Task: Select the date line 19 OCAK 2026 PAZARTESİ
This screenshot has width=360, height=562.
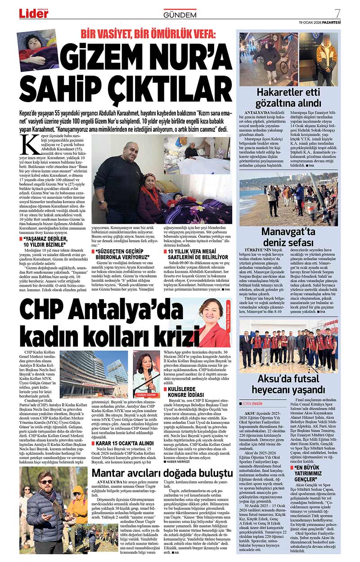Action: pyautogui.click(x=320, y=22)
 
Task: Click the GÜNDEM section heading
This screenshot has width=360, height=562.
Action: pyautogui.click(x=180, y=15)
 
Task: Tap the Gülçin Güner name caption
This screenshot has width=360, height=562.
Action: pyautogui.click(x=146, y=395)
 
